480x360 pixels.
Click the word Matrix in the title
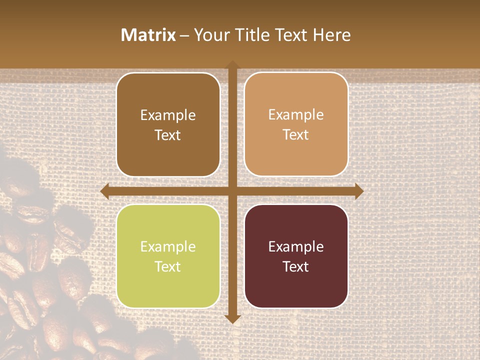[x=148, y=35]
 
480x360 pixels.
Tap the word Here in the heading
[x=332, y=35]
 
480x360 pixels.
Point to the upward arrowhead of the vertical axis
[x=232, y=65]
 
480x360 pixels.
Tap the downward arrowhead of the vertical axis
[x=232, y=318]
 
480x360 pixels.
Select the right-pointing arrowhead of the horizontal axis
[x=359, y=191]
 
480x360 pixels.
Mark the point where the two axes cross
[x=232, y=191]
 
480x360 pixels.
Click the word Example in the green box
[x=168, y=247]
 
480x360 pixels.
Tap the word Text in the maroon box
[x=296, y=266]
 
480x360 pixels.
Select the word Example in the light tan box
[x=296, y=115]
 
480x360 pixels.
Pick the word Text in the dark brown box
[x=168, y=135]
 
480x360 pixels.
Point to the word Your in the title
[x=210, y=35]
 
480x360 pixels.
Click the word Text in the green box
[x=168, y=266]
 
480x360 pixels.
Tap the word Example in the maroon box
[x=296, y=247]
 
